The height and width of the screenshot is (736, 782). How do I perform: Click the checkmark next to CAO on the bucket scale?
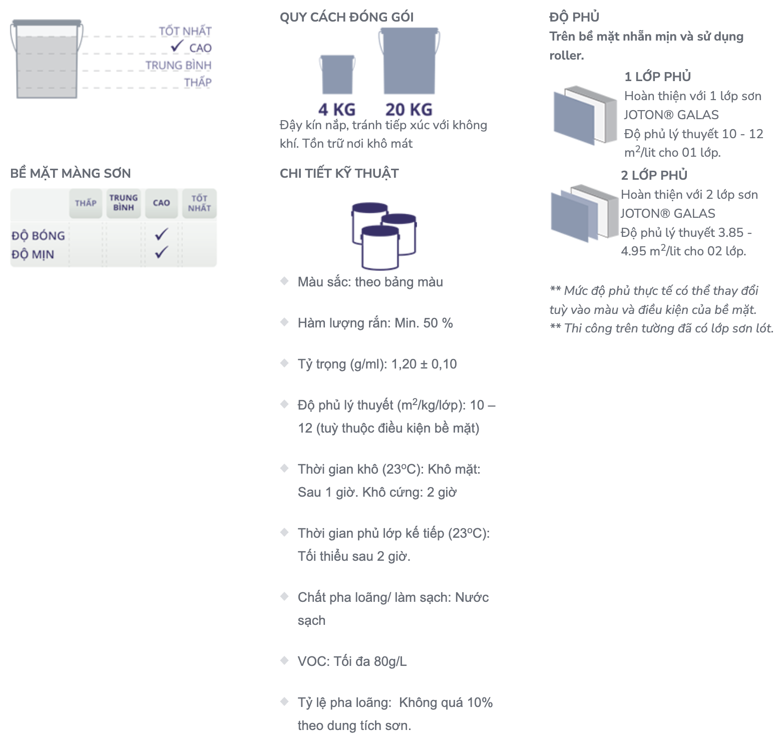pos(177,46)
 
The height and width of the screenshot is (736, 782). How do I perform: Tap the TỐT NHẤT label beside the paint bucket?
pos(185,31)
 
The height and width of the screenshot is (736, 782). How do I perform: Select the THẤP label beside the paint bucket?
pos(198,82)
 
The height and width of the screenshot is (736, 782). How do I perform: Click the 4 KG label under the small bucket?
pos(337,109)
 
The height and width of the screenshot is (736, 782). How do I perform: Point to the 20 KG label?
pos(409,109)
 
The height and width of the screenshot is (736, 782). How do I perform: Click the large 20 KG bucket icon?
pos(410,61)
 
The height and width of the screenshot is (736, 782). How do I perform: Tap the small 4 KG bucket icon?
pos(337,74)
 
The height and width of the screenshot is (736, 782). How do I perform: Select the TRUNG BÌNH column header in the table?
pos(124,203)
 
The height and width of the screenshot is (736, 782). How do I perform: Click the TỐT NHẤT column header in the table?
pos(199,203)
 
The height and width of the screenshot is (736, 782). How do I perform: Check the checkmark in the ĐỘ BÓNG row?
pos(161,234)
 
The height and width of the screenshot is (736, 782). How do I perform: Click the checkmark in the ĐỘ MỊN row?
pos(161,252)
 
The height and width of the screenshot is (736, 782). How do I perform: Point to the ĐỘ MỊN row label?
pos(33,254)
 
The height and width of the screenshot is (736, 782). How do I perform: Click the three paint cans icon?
pos(384,236)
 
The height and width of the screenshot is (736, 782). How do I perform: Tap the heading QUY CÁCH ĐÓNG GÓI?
pos(346,17)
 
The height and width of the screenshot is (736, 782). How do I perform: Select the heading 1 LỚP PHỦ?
pos(657,77)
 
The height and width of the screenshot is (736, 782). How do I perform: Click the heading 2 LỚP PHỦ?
pos(654,175)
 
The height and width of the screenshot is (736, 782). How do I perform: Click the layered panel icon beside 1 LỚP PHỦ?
pos(585,115)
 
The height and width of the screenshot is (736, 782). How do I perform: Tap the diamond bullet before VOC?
pos(284,660)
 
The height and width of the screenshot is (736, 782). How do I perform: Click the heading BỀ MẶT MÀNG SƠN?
pos(71,173)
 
